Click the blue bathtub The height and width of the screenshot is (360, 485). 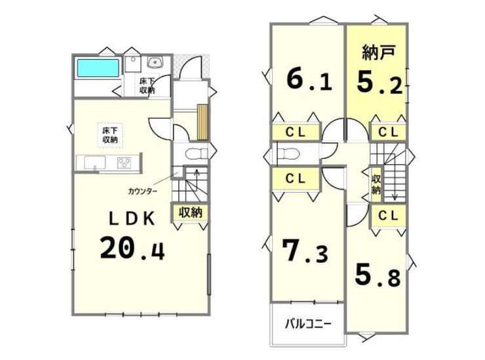pyautogui.click(x=98, y=68)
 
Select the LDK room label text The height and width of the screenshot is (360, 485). pyautogui.click(x=132, y=219)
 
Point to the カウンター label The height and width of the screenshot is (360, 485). pyautogui.click(x=143, y=191)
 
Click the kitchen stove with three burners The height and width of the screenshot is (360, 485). pyautogui.click(x=125, y=163)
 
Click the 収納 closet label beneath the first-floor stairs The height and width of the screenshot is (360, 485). pyautogui.click(x=190, y=212)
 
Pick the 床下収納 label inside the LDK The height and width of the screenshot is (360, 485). pyautogui.click(x=110, y=135)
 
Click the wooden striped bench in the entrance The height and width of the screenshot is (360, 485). pyautogui.click(x=202, y=122)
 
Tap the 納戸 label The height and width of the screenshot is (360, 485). pyautogui.click(x=378, y=52)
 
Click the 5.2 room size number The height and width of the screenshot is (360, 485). pyautogui.click(x=379, y=82)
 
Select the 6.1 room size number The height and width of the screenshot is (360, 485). pyautogui.click(x=309, y=79)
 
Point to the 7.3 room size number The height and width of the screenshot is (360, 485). pyautogui.click(x=305, y=251)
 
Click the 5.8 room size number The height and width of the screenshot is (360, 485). pyautogui.click(x=378, y=275)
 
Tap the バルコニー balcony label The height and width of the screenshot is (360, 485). pyautogui.click(x=308, y=324)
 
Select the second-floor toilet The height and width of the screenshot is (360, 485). pyautogui.click(x=288, y=153)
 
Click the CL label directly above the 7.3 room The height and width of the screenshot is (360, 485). pyautogui.click(x=296, y=178)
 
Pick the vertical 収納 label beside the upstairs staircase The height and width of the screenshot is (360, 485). pyautogui.click(x=376, y=185)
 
